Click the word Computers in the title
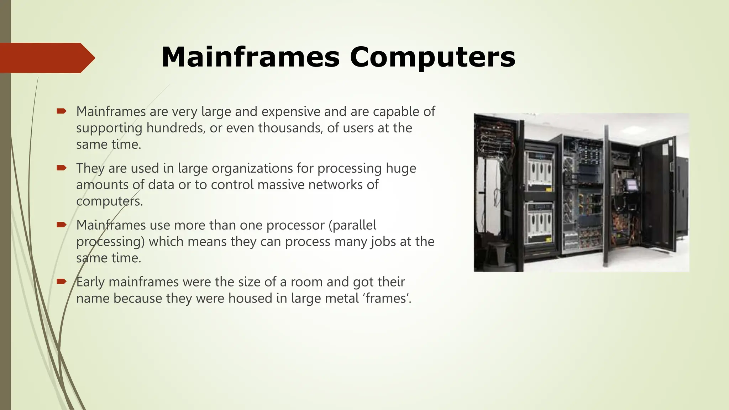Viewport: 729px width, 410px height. click(432, 57)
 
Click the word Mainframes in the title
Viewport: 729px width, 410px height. click(251, 57)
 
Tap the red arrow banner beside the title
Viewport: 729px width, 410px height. click(46, 58)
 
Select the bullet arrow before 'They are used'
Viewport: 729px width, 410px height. click(62, 168)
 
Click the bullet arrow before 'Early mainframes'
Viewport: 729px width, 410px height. click(62, 282)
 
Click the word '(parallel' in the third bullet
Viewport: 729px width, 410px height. click(352, 225)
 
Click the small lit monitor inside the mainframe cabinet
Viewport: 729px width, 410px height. click(631, 185)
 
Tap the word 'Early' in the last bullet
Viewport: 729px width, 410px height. click(90, 282)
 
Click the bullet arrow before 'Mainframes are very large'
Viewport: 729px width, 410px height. click(62, 111)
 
